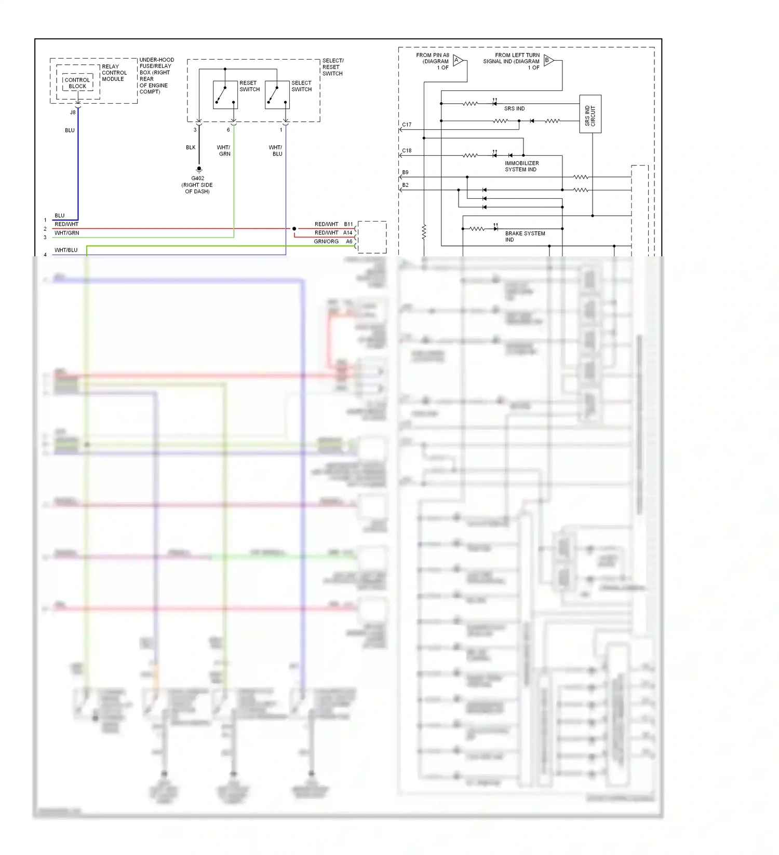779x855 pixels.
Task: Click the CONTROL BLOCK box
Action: coord(77,83)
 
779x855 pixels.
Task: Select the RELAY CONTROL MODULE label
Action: coord(114,73)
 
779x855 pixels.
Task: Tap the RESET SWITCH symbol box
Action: coord(225,94)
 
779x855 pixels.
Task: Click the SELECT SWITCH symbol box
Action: coord(277,94)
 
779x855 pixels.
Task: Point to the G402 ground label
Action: coord(197,178)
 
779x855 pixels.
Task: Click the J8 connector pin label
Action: coord(73,112)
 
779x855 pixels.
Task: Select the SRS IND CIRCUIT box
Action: coord(590,114)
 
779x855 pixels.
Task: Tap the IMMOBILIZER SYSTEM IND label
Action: coord(521,166)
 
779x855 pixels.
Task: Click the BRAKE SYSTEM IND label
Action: coord(525,237)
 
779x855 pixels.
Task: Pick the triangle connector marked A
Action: coord(457,61)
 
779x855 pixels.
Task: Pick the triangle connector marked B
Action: coord(548,61)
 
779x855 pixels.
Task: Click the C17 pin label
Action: coord(407,125)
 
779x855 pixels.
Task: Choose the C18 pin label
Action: coord(407,150)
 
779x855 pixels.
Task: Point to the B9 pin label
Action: coord(405,172)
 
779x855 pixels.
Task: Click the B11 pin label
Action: coord(348,224)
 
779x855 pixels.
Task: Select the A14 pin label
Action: coord(347,233)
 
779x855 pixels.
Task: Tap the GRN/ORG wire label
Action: coord(326,242)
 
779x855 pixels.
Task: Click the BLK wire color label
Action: coord(191,147)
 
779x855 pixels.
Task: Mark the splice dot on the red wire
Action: coord(294,229)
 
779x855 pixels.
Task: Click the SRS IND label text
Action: coord(514,108)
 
